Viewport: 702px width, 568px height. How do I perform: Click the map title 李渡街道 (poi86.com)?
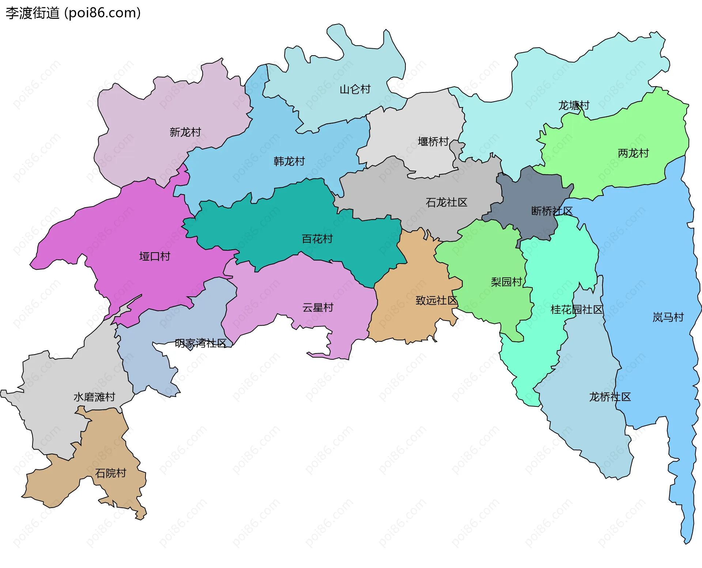[x=73, y=13]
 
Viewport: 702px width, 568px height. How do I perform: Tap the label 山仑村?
[x=355, y=89]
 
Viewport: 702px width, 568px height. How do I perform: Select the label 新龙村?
[x=185, y=132]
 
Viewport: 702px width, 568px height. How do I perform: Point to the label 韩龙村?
[x=289, y=161]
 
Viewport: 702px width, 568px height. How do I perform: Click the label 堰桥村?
[x=433, y=141]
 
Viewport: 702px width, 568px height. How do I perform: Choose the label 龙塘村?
[x=573, y=106]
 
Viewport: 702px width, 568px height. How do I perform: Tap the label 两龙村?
[x=633, y=153]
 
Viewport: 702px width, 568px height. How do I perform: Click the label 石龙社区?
[x=446, y=202]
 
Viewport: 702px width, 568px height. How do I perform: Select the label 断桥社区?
[x=551, y=211]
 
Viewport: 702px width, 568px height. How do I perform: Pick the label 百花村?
[x=317, y=239]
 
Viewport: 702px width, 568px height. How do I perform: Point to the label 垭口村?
[x=155, y=256]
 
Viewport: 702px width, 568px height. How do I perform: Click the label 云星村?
[x=318, y=307]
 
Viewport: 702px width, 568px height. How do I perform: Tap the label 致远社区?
[x=436, y=300]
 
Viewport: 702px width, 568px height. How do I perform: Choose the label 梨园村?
[x=506, y=282]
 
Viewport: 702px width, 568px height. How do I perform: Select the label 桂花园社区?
[x=577, y=310]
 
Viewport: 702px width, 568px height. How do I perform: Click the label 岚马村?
[x=668, y=317]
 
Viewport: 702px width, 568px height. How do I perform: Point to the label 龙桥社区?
[x=609, y=397]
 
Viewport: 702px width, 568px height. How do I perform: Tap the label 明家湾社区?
[x=200, y=343]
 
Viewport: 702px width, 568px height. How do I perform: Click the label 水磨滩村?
[x=94, y=397]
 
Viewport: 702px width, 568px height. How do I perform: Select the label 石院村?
[x=110, y=473]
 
